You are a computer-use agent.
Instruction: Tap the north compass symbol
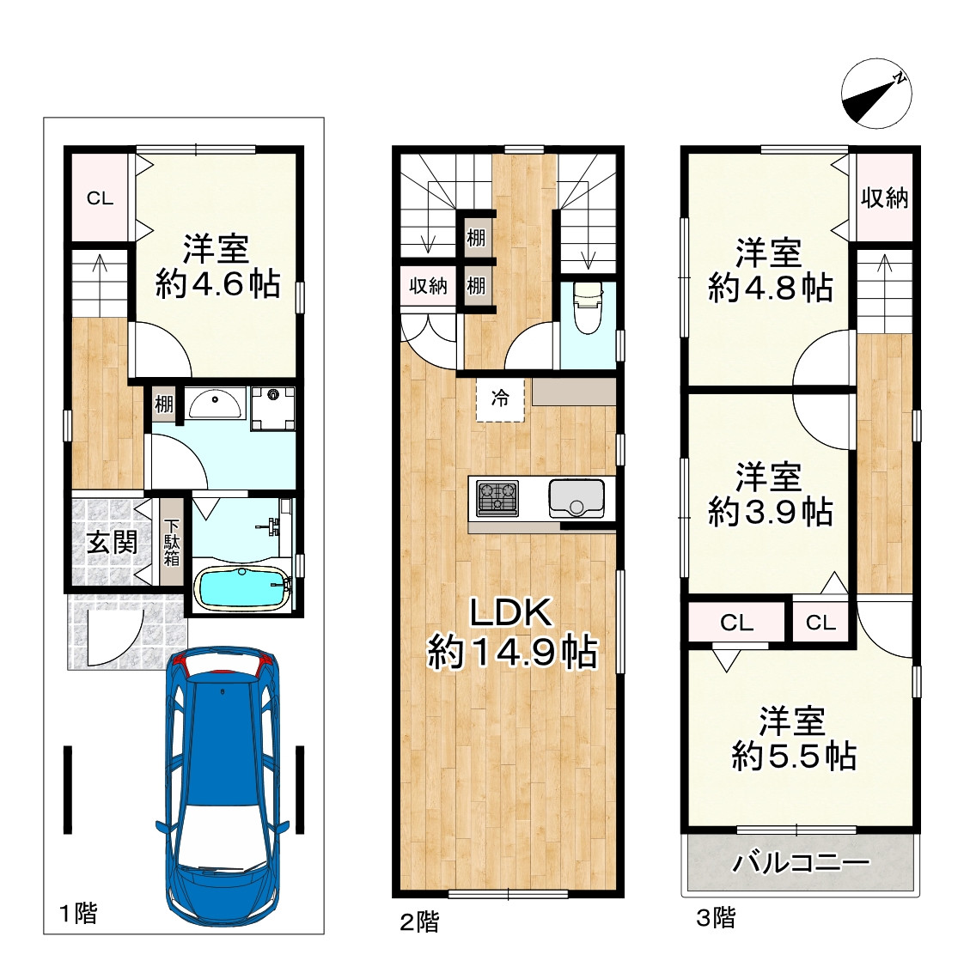[875, 94]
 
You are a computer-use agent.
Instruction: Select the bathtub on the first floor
[242, 587]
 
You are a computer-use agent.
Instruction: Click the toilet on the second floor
[587, 307]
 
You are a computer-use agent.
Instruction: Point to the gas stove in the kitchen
[497, 497]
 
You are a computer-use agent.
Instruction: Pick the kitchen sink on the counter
[577, 498]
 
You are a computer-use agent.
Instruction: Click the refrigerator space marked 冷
[500, 399]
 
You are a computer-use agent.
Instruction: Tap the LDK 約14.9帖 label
[511, 632]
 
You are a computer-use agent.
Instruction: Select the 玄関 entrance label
[112, 541]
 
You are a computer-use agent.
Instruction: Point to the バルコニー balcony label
[801, 863]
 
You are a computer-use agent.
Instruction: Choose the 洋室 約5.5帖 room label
[793, 738]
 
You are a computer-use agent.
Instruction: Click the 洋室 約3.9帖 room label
[770, 494]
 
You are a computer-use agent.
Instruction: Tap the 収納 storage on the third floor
[884, 198]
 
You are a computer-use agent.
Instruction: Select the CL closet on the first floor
[100, 198]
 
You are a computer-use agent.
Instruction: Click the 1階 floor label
[78, 914]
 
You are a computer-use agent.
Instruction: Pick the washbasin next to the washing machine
[214, 404]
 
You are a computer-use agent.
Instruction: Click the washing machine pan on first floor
[273, 408]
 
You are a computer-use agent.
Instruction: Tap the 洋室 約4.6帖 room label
[217, 266]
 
